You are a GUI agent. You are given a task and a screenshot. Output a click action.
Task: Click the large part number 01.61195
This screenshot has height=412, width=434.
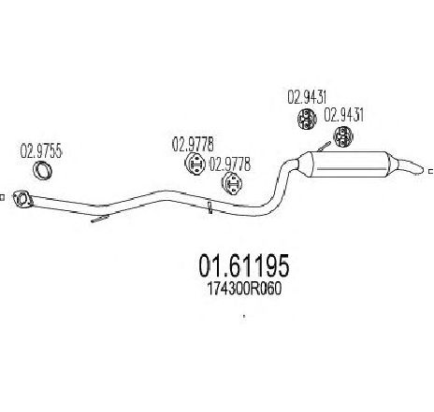point(244,265)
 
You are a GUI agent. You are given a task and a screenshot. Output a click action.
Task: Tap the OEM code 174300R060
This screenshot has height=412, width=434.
point(244,289)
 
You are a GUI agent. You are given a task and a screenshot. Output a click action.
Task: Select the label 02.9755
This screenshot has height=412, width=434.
point(42,150)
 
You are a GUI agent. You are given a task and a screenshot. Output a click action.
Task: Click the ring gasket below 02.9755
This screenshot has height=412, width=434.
point(42,171)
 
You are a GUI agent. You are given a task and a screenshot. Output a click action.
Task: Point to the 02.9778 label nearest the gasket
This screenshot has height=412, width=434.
point(193,144)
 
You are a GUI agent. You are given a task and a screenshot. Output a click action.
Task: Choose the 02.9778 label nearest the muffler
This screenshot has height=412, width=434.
point(229,164)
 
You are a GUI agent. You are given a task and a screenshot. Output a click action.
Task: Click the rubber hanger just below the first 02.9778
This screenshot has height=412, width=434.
point(195,163)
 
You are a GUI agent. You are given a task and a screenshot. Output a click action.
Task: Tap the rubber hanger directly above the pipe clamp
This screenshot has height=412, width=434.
point(233,184)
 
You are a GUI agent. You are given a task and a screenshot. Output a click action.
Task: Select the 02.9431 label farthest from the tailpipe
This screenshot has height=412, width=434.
point(307,97)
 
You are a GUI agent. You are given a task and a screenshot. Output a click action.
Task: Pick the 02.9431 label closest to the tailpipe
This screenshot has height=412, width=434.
point(344,115)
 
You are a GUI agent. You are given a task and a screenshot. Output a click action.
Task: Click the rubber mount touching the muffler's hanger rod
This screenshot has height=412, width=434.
point(343,136)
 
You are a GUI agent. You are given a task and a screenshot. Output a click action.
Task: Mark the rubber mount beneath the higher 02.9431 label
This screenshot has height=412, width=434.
point(306,119)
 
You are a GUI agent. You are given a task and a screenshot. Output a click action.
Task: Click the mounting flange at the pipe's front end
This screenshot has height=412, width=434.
point(22,199)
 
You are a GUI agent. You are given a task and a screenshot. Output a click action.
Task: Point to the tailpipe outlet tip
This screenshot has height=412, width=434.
point(420,170)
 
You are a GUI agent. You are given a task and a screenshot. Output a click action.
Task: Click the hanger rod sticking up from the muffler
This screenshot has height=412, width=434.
point(325,146)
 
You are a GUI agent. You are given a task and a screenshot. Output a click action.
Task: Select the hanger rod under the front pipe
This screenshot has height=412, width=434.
point(100,219)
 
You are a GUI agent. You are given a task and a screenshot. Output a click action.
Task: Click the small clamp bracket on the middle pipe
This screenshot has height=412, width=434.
point(210,208)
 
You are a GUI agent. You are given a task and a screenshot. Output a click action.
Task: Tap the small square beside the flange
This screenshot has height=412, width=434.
point(2,197)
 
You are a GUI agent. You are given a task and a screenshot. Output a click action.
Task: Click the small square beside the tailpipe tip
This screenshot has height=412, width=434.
point(431,171)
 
